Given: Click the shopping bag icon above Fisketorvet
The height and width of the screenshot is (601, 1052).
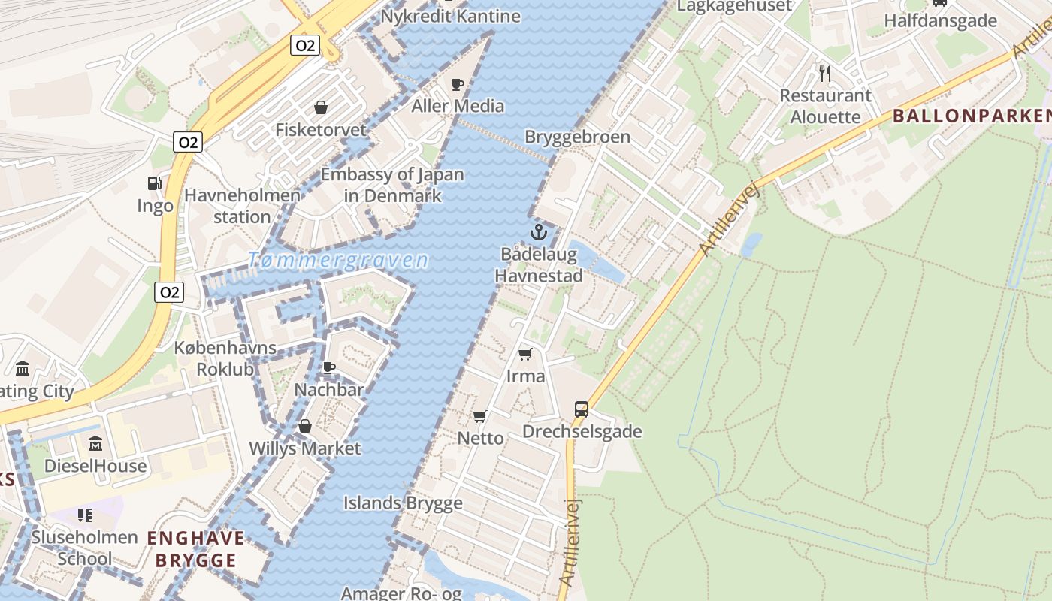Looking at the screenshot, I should [321, 107].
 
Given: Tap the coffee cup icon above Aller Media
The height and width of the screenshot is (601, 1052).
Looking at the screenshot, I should [458, 84].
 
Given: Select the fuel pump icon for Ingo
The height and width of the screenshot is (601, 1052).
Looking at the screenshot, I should [154, 183].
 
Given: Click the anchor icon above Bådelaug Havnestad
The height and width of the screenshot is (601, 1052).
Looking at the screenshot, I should [537, 231].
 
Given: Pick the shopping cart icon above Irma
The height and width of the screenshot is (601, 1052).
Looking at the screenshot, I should [525, 354].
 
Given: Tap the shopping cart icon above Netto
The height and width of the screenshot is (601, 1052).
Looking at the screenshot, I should [480, 416].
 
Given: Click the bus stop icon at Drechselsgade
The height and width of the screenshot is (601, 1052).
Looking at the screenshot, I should [582, 409].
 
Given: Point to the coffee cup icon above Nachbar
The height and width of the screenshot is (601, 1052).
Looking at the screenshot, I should [328, 367].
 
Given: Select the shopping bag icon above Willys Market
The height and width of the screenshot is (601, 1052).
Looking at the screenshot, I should [305, 427].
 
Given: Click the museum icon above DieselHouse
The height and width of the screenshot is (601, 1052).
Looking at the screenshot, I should [95, 444].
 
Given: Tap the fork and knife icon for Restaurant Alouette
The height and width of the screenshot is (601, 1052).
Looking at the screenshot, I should [825, 73].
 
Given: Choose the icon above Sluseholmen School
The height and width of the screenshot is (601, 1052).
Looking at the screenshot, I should [85, 515].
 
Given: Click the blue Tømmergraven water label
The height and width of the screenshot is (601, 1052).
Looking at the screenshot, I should [338, 261].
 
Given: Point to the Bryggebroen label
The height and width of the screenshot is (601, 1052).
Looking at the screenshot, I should [577, 137].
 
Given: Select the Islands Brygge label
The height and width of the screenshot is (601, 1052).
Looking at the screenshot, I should [403, 503].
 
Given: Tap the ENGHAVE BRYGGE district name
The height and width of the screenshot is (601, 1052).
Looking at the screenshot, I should [195, 549].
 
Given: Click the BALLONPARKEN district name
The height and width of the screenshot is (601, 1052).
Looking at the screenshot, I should [972, 116].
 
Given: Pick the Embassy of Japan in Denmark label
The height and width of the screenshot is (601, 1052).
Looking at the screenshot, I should [392, 185].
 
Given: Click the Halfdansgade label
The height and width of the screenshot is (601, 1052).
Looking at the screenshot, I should [940, 20].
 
